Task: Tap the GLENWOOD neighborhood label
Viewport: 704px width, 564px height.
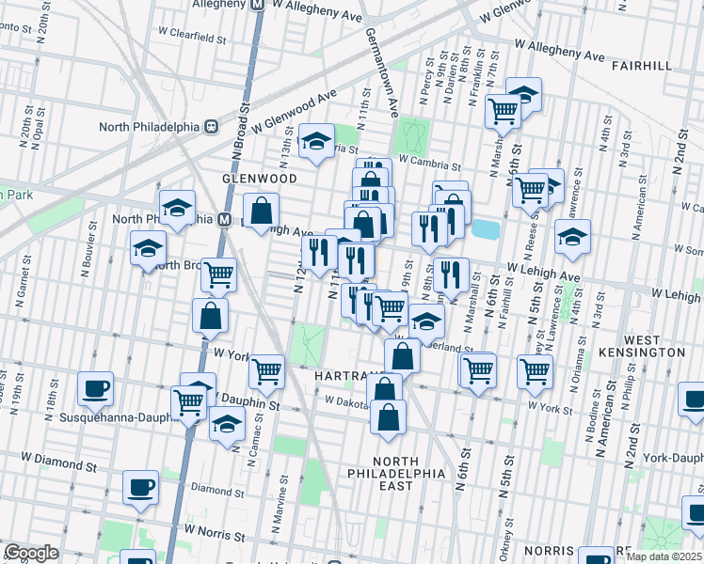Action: (259, 178)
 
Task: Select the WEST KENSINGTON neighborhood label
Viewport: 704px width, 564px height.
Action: (654, 345)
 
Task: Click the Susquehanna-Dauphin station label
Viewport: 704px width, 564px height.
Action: (114, 417)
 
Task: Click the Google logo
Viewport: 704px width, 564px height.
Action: (31, 553)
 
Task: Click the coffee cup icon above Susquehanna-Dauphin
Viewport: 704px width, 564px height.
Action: (94, 387)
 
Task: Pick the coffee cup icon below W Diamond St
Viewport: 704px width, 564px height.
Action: (141, 486)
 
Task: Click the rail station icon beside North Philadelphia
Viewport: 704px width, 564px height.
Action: (213, 126)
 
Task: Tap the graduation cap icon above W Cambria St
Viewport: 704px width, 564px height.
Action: (317, 141)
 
